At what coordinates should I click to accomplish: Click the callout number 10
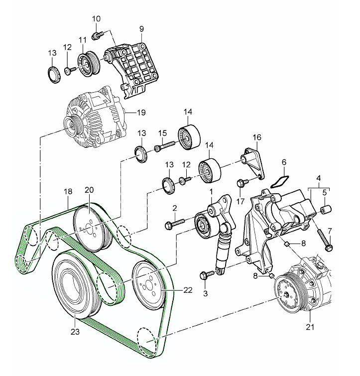coord(97,19)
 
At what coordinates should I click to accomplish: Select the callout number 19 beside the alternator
coord(141,113)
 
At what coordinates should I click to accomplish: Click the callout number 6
coord(284,162)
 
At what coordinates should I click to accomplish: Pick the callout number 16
coord(257,137)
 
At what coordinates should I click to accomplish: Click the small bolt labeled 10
coord(98,35)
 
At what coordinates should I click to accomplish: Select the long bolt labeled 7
coord(325,240)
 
